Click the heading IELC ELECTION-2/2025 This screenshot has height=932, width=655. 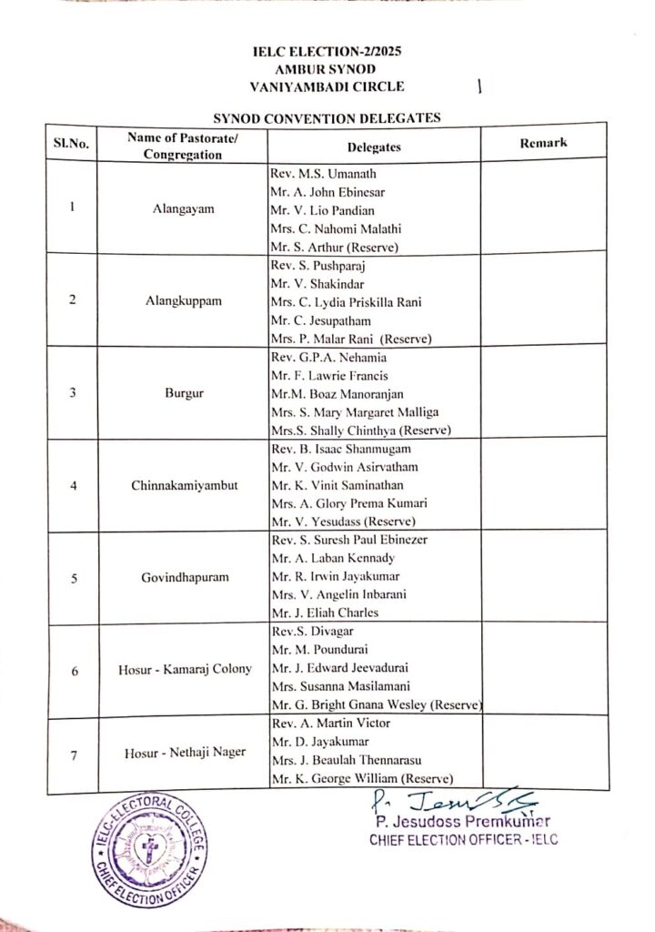pos(327,53)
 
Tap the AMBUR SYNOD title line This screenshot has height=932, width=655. pos(327,69)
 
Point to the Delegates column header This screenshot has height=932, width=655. pos(374,147)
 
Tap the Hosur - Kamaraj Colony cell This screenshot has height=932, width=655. pos(185,671)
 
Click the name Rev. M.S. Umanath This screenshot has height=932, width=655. pos(324,174)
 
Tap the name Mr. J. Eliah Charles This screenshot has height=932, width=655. pos(324,613)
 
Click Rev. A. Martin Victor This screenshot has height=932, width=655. pos(330,724)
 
